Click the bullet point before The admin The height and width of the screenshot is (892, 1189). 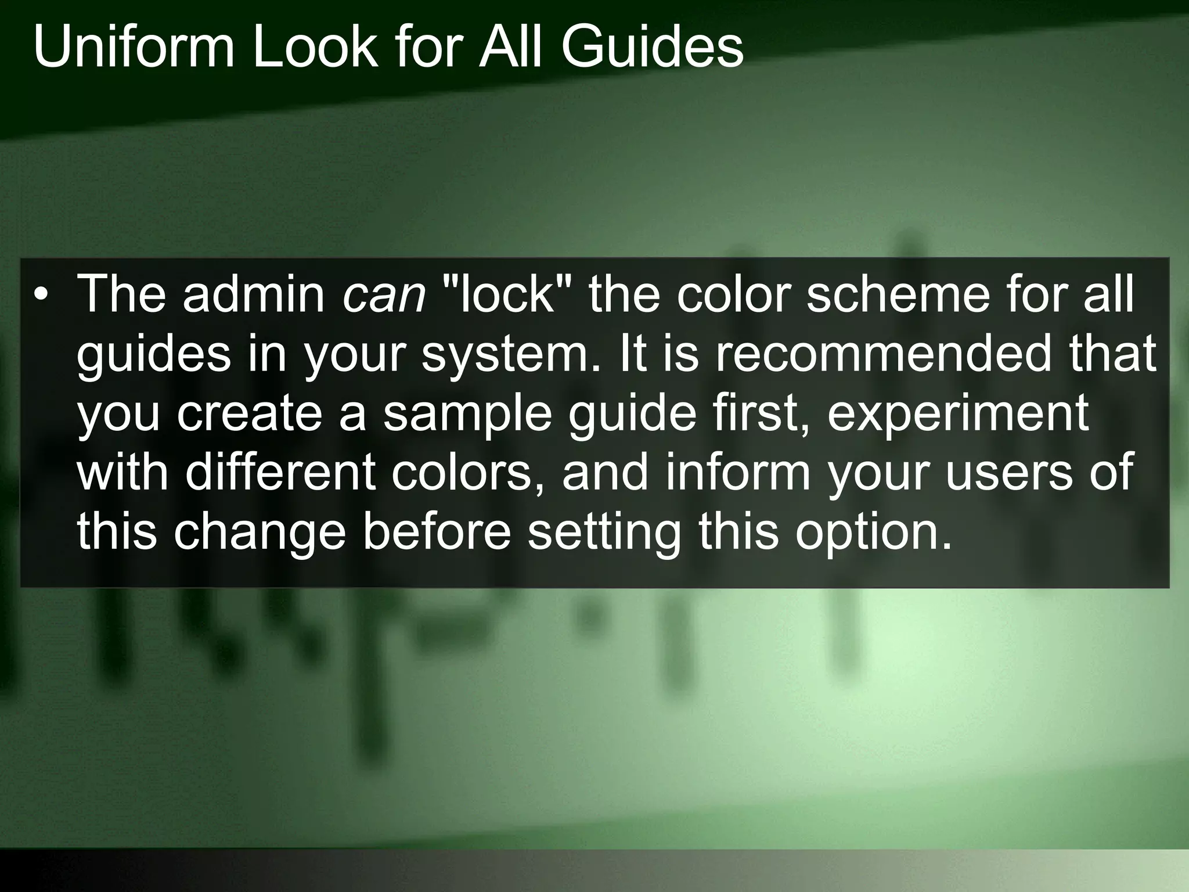click(39, 295)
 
